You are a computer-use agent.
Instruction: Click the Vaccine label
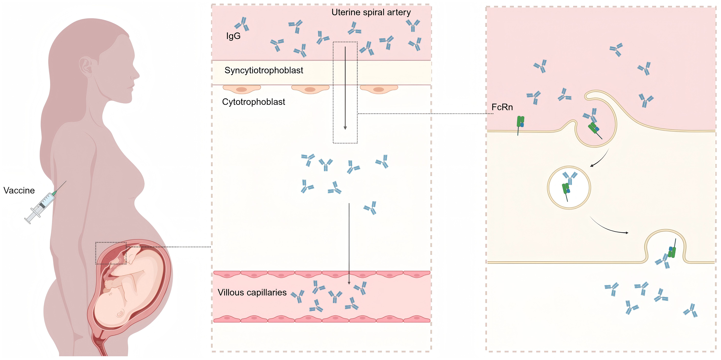pyautogui.click(x=19, y=190)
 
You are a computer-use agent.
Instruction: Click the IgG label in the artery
pyautogui.click(x=233, y=36)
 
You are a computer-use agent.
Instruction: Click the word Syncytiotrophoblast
pyautogui.click(x=264, y=70)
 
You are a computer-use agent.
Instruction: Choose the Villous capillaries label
pyautogui.click(x=252, y=293)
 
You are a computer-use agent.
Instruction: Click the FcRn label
pyautogui.click(x=502, y=107)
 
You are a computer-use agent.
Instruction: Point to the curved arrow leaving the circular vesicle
pyautogui.click(x=609, y=228)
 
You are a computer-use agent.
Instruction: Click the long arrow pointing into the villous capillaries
pyautogui.click(x=349, y=243)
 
